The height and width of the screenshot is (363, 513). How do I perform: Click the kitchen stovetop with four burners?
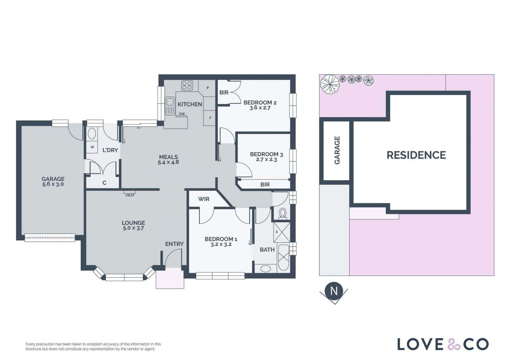(187, 86)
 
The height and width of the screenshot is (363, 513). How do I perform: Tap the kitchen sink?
(170, 106)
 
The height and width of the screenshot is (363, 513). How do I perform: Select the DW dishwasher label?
(182, 114)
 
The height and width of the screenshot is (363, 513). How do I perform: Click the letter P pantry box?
(208, 88)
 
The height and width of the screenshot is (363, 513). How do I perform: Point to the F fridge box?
(210, 118)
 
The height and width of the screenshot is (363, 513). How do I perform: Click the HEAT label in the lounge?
(130, 195)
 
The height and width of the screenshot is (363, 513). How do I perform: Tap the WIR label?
(204, 199)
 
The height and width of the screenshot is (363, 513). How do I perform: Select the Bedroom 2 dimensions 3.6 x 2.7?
(260, 108)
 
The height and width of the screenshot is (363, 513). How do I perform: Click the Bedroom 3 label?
(266, 154)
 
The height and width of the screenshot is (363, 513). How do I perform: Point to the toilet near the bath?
(283, 213)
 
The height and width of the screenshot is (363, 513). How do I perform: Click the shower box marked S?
(282, 232)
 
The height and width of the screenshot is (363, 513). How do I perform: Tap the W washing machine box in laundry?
(92, 147)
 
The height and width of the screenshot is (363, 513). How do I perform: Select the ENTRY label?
(174, 244)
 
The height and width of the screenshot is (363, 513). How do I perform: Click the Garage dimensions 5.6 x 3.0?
(53, 184)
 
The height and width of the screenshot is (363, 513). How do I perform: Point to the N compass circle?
(334, 291)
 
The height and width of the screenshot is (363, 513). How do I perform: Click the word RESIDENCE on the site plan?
(416, 155)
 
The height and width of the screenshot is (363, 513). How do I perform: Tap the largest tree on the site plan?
(330, 84)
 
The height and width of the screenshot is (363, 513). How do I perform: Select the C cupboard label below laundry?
(104, 183)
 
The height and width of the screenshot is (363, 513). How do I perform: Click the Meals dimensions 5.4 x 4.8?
(168, 162)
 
